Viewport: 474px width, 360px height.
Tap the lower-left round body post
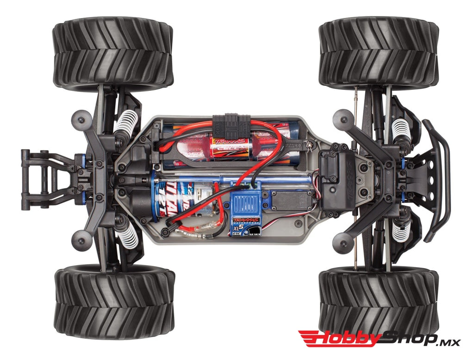pyautogui.click(x=82, y=239)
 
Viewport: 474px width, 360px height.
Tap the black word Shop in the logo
pyautogui.click(x=407, y=338)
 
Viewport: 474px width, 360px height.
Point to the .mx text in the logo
pyautogui.click(x=449, y=342)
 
